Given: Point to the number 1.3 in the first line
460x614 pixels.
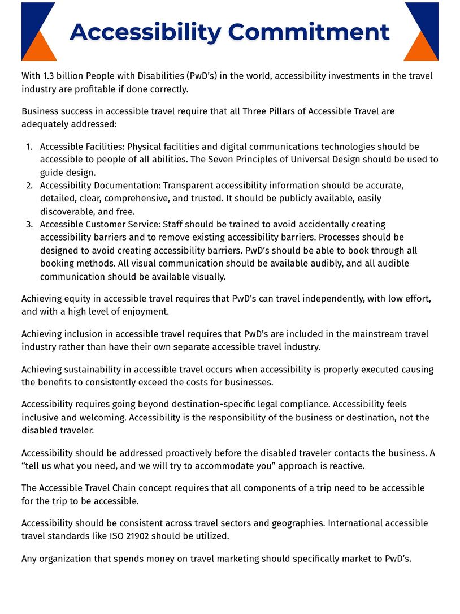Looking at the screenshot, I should point(51,76).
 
